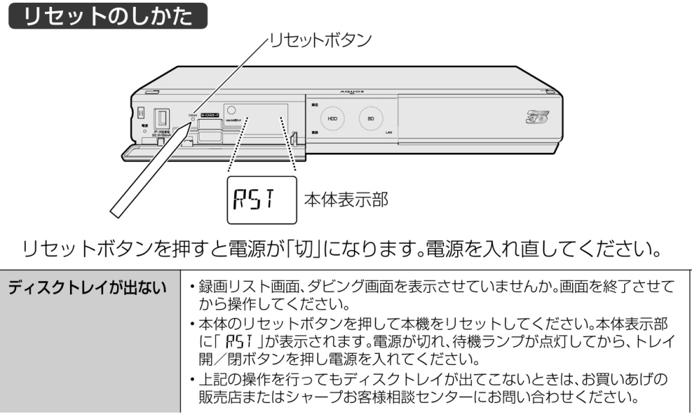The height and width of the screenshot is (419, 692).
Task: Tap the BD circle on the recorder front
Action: (x=371, y=118)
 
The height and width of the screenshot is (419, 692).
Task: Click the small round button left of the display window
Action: (x=230, y=109)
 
